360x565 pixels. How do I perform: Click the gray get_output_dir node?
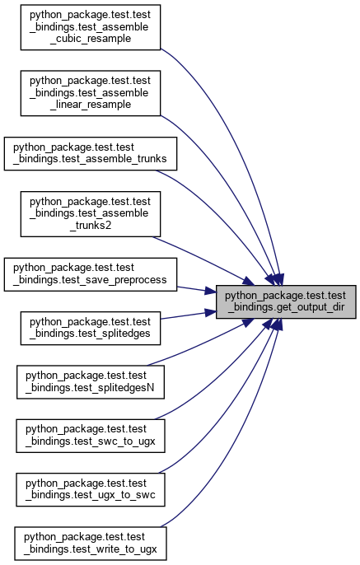(x=286, y=301)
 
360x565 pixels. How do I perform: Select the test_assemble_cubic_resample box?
(x=90, y=27)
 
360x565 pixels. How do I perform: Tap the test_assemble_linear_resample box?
(x=90, y=93)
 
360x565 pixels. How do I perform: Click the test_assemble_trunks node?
(x=91, y=153)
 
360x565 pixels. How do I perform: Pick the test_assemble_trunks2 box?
(x=90, y=214)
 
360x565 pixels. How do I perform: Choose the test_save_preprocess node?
(x=91, y=274)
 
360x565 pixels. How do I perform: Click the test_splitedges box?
(x=90, y=328)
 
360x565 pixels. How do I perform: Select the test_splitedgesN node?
(x=91, y=382)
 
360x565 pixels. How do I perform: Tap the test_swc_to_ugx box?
(x=91, y=436)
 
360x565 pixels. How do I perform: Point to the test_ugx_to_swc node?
(x=91, y=490)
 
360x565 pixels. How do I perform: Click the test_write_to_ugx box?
(x=91, y=544)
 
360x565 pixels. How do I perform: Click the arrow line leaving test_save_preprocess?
(x=196, y=290)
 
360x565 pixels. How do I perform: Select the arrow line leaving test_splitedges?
(x=188, y=315)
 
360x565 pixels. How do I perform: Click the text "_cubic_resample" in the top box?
(x=93, y=39)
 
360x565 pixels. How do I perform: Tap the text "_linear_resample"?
(x=91, y=105)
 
